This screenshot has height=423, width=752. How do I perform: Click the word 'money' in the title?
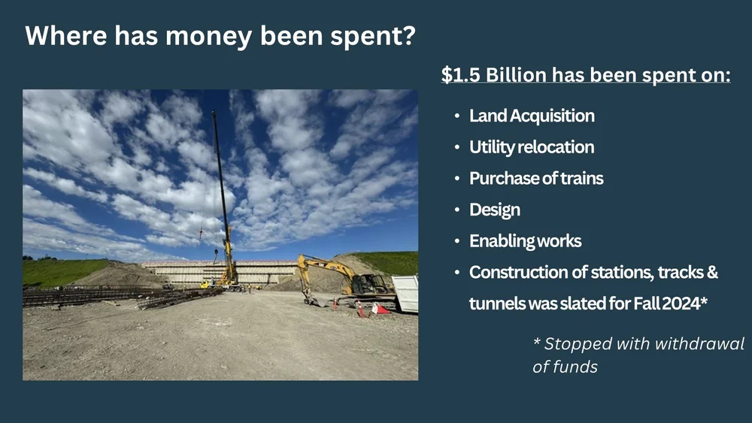tap(194, 36)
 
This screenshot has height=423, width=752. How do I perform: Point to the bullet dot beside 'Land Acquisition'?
tap(458, 116)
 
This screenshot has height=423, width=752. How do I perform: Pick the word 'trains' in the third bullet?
tap(583, 179)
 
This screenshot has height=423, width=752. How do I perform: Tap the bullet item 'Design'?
tap(494, 210)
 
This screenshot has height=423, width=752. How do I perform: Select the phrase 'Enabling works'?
tap(525, 241)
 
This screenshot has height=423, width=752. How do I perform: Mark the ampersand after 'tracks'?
tap(711, 273)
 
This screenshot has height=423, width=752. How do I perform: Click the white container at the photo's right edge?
tap(405, 293)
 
